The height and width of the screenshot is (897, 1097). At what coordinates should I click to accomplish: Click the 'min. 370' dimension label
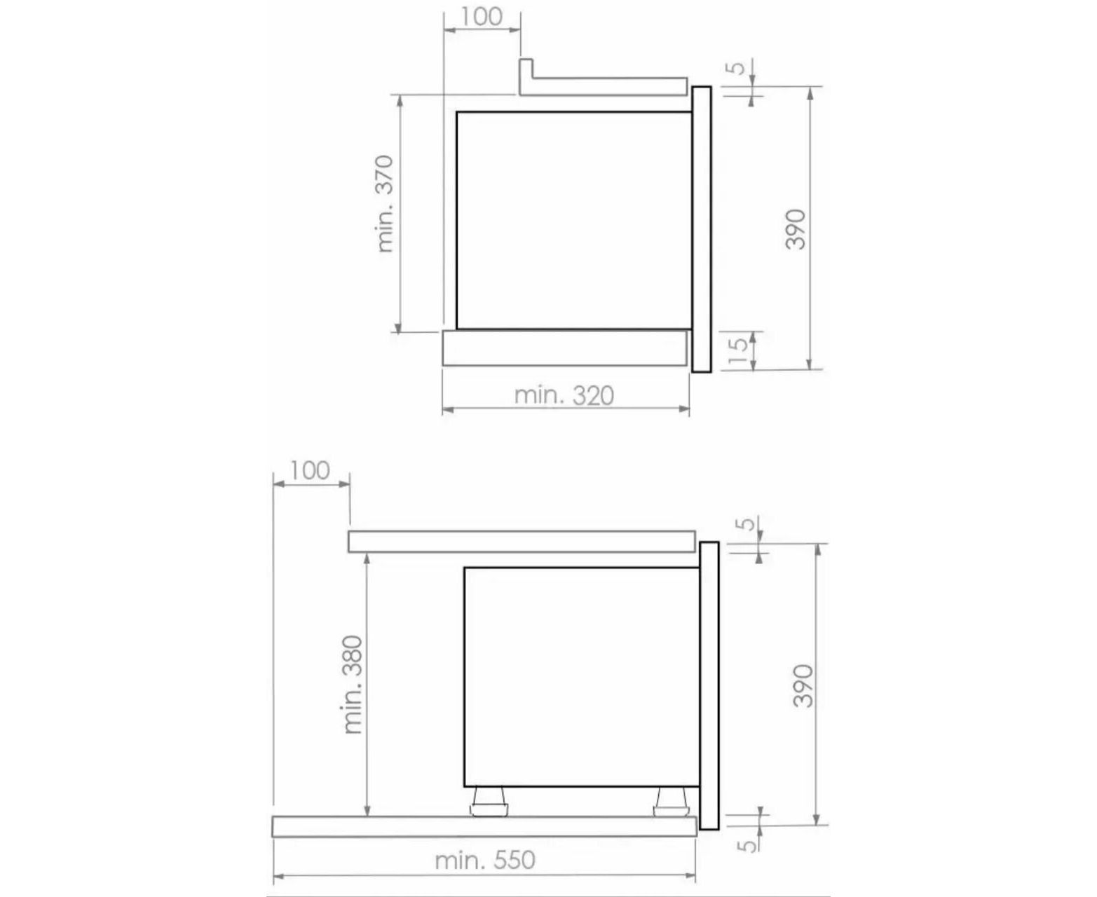(386, 203)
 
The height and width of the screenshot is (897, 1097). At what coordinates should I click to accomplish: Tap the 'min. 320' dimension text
(564, 396)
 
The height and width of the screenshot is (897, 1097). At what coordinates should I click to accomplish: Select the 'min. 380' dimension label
(353, 685)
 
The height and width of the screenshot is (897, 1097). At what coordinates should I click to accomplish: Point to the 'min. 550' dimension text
(485, 860)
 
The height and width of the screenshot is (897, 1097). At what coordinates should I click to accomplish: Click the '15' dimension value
(738, 351)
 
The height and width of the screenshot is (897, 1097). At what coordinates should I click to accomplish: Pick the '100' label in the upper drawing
(482, 17)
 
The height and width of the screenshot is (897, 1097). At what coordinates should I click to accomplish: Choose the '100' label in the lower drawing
(310, 471)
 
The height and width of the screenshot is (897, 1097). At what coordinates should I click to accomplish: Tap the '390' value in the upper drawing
(795, 228)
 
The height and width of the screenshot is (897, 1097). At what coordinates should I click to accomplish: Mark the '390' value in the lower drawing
(803, 685)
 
